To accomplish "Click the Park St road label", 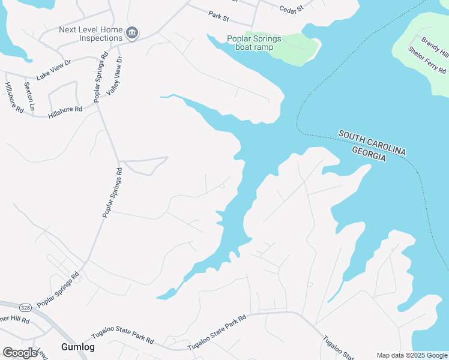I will (218, 15).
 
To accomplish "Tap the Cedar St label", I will (292, 8).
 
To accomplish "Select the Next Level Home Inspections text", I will (91, 34).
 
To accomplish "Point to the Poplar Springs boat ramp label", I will (254, 43).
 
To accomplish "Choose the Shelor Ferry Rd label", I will (427, 60).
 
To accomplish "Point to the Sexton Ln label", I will (29, 95).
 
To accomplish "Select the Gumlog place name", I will (77, 347).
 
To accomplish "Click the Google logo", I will (20, 353).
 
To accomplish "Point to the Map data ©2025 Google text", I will (411, 355).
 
